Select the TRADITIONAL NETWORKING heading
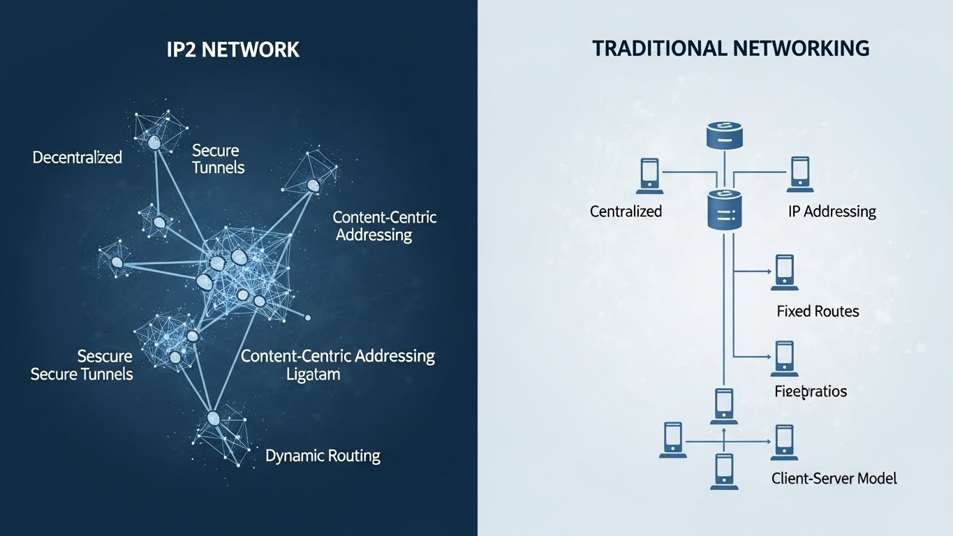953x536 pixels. pos(730,48)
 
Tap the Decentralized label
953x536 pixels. pos(77,157)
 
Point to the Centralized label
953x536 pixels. pos(626,211)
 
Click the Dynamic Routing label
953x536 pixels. pos(323,456)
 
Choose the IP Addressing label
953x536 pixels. pos(831,211)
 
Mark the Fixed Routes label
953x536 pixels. pos(818,311)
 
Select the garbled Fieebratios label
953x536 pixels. pos(811,391)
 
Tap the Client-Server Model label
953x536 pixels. pos(834,479)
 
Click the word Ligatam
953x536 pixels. pos(313,374)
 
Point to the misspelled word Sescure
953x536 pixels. pos(105,357)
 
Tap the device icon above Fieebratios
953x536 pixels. pos(785,358)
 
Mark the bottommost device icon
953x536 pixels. pos(724,471)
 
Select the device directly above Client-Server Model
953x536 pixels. pos(784,442)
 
